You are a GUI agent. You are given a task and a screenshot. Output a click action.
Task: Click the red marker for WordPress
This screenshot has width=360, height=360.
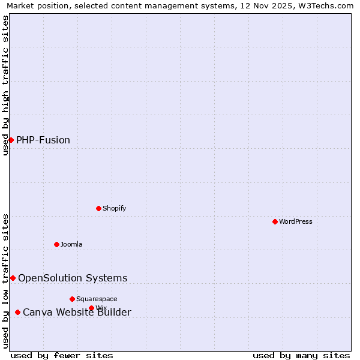tap(275, 221)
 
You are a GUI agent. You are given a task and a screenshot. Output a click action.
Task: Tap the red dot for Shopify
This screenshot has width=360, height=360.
tap(98, 208)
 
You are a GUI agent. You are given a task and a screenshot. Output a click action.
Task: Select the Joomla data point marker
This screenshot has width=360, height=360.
tap(56, 244)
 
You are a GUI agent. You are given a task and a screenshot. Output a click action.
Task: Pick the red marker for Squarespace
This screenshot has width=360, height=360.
tap(72, 299)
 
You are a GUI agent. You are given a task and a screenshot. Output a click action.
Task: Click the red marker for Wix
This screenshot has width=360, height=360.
tap(91, 308)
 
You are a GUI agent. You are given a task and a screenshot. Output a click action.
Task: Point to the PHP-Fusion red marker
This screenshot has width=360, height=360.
tap(11, 140)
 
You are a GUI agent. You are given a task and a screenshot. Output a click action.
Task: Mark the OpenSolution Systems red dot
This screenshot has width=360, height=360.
tap(13, 278)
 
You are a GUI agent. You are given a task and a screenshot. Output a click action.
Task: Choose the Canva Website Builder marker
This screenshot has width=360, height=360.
tap(17, 312)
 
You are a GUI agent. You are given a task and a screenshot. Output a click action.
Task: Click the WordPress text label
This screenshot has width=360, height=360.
tap(296, 221)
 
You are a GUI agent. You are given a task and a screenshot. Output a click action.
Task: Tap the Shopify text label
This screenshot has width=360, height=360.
tap(114, 208)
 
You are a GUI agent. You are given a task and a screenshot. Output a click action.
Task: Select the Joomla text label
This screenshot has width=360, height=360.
tap(71, 244)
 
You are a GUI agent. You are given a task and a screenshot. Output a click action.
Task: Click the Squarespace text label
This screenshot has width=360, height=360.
tap(97, 299)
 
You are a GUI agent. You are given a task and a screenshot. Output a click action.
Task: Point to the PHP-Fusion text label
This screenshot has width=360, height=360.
tap(43, 140)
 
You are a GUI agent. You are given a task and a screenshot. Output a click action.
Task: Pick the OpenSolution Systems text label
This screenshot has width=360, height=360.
tap(73, 278)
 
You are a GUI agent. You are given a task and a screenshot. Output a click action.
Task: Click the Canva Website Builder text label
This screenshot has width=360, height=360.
tap(77, 312)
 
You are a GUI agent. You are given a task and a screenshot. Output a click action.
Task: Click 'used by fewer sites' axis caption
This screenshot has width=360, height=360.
tap(62, 355)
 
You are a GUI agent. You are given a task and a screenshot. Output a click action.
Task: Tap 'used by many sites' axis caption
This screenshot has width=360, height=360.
tap(301, 355)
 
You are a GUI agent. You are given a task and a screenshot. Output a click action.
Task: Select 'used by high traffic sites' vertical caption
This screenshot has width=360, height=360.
tap(5, 85)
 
